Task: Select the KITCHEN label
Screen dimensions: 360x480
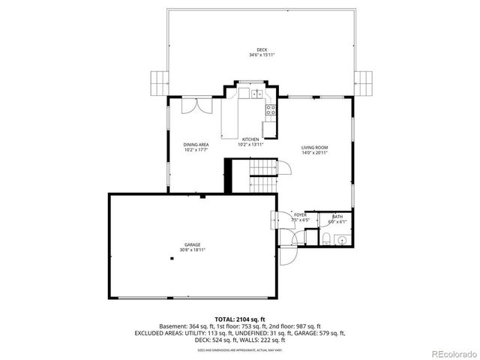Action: tap(250, 139)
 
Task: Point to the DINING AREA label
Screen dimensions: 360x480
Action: tap(196, 145)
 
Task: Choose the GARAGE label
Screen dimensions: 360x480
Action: tap(193, 244)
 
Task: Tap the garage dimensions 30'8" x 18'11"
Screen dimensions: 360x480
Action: tap(193, 250)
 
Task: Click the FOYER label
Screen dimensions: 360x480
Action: tap(300, 214)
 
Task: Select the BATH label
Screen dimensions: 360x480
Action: tap(337, 216)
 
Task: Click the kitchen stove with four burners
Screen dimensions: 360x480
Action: tap(270, 111)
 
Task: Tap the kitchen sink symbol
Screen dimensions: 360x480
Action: tap(256, 94)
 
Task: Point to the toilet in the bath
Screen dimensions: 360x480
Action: tap(328, 239)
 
